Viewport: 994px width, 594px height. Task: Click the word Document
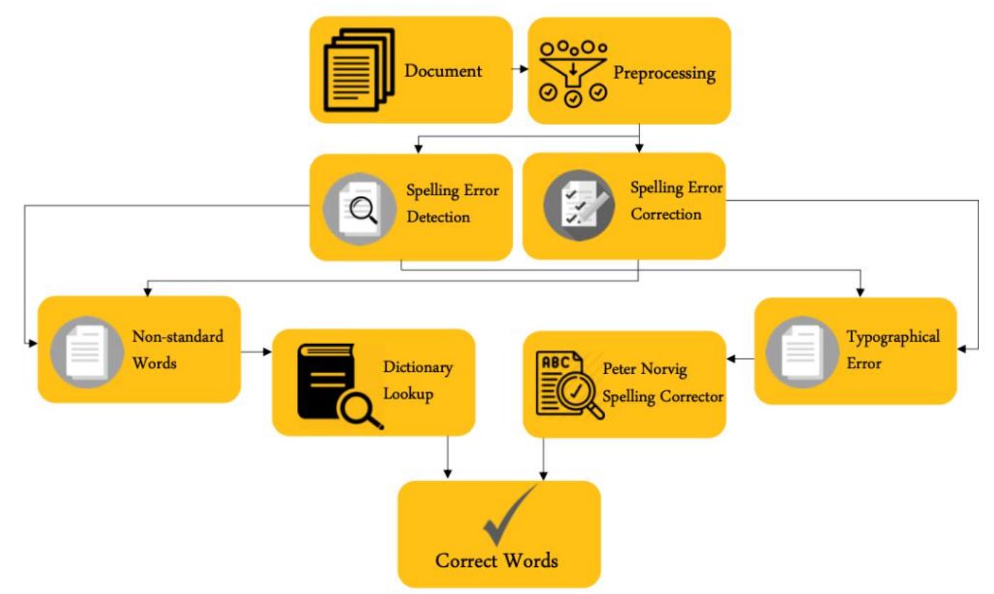443,71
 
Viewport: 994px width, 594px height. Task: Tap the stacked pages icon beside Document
359,70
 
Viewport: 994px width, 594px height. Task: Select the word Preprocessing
664,73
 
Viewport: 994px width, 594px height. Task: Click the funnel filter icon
573,74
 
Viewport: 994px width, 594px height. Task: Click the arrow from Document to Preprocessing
520,69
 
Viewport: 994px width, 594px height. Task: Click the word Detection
438,217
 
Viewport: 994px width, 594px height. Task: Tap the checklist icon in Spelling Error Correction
579,206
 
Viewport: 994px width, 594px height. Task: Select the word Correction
666,214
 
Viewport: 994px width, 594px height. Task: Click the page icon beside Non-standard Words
87,352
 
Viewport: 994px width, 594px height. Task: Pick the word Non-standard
177,336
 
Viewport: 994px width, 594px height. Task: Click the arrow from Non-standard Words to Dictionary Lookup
256,352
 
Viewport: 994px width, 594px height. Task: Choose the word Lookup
408,395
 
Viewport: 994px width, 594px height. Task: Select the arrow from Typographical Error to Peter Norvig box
741,359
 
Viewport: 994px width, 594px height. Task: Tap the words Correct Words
496,561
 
